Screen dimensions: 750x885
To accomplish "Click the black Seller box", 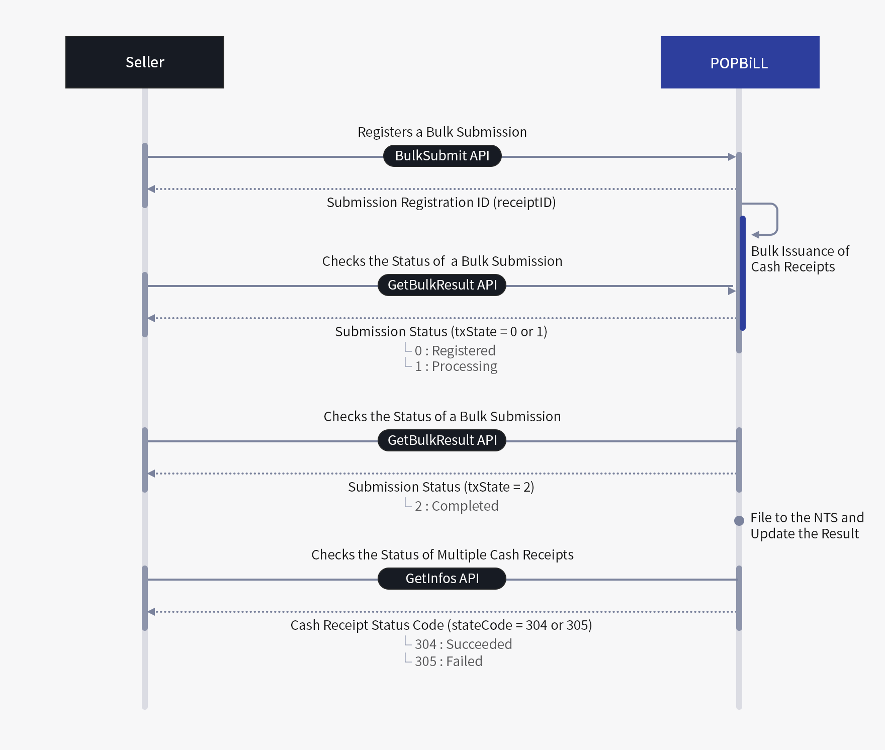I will (x=145, y=62).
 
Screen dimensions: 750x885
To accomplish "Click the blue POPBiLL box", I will (x=740, y=62).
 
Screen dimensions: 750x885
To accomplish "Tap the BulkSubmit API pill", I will (x=442, y=156).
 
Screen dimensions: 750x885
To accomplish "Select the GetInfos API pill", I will (x=442, y=579).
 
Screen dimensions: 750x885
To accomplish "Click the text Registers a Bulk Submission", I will (x=442, y=132).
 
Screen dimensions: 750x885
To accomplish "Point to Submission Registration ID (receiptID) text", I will (x=441, y=202).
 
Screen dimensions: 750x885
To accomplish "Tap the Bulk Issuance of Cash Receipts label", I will (x=800, y=258).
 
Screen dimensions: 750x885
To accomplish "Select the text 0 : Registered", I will (x=455, y=350).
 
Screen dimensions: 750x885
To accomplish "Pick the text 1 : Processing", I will (x=456, y=366).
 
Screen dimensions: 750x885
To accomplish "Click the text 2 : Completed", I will (x=456, y=506).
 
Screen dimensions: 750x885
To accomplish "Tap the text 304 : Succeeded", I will (x=463, y=644).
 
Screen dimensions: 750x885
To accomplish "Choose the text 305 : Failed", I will (x=448, y=661).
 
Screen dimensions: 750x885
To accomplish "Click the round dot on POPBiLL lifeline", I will (x=739, y=521).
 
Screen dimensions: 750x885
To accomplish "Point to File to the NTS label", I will (x=807, y=525).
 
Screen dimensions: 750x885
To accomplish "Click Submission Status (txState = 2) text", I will (x=441, y=487).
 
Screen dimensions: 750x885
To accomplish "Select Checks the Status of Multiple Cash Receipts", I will (x=442, y=554).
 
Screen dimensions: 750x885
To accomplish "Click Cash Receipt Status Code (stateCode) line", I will (x=441, y=625).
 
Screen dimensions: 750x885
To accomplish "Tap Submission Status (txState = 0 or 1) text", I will (x=441, y=331).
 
